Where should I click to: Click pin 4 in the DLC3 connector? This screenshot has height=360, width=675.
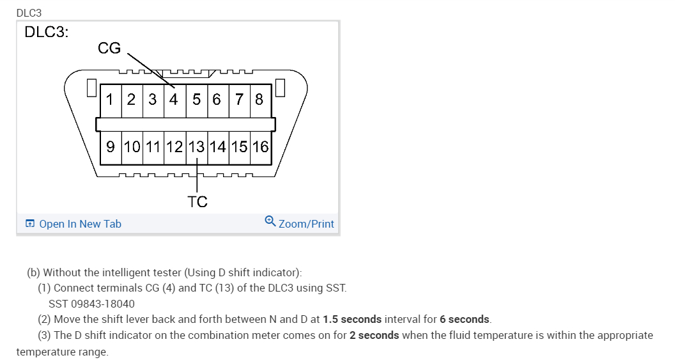(x=174, y=99)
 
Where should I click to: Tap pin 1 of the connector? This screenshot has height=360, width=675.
(x=111, y=99)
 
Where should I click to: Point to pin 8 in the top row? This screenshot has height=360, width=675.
(x=259, y=99)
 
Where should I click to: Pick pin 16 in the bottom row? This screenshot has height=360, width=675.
(x=260, y=146)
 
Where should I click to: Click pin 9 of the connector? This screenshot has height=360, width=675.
(x=111, y=146)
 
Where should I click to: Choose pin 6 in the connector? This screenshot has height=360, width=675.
(x=217, y=99)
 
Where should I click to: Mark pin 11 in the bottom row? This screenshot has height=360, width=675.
(x=153, y=146)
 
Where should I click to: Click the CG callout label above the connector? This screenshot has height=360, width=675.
(x=109, y=48)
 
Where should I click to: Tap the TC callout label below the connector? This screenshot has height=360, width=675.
(x=198, y=202)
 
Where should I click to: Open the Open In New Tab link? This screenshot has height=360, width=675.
(x=80, y=224)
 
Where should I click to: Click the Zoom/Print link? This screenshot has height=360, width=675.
(x=306, y=224)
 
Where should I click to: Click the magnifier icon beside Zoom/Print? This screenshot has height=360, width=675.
(x=270, y=222)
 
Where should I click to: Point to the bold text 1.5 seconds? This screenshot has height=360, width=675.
(x=352, y=319)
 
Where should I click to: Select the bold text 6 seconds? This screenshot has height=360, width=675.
(x=465, y=319)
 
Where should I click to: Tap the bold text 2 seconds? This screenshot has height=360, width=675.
(x=374, y=335)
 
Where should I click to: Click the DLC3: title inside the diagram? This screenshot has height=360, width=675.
(x=46, y=32)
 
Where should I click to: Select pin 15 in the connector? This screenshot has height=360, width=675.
(x=239, y=146)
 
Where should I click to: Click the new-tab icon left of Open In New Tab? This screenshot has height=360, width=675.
(x=29, y=224)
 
